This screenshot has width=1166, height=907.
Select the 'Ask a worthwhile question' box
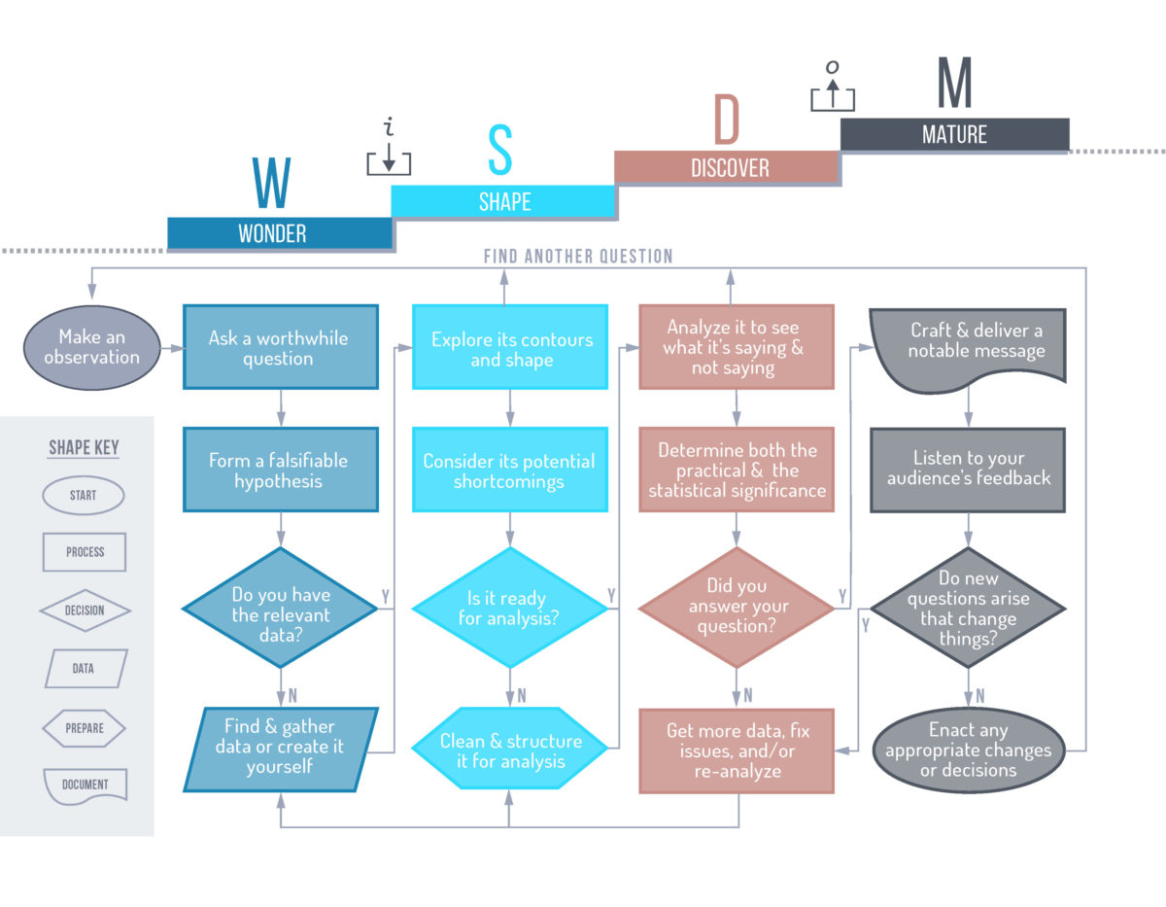280,347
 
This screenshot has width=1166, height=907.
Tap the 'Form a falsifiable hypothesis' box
280,470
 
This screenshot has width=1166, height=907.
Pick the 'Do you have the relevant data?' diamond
280,608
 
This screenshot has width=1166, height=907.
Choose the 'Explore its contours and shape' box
510,347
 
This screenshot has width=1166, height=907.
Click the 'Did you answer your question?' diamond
736,608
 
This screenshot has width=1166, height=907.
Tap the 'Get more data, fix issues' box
736,750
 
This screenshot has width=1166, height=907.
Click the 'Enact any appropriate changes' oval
968,750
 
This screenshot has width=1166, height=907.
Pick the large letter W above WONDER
272,183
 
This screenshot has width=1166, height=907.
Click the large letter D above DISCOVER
727,121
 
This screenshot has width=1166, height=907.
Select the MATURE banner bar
954,134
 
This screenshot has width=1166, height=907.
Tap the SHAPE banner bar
503,201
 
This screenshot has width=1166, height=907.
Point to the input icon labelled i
389,151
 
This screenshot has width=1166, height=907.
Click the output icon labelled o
833,87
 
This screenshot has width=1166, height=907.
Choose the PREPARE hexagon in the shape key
85,727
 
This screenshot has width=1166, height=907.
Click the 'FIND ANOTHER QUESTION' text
578,257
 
